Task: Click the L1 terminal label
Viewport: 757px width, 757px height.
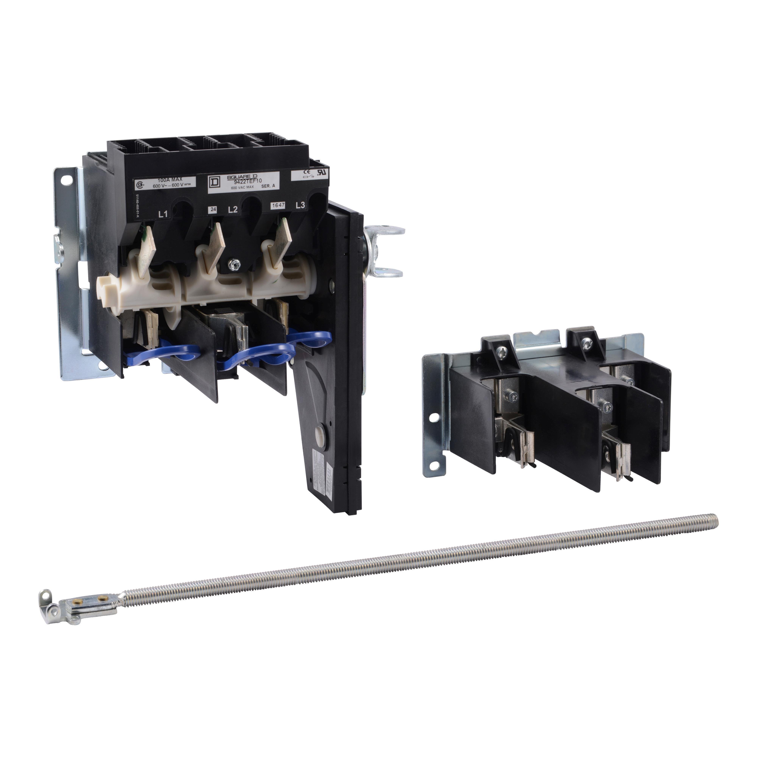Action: coord(163,214)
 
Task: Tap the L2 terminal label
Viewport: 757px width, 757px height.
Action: coord(233,210)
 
